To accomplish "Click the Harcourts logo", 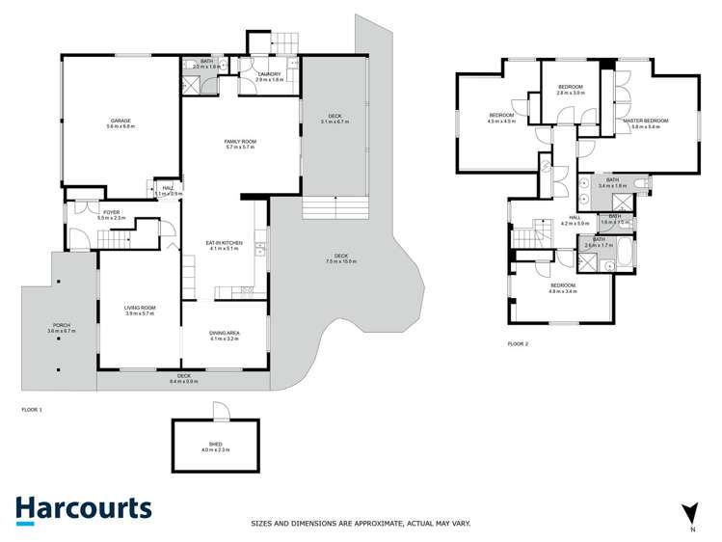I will [83, 510].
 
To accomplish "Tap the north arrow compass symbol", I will [688, 513].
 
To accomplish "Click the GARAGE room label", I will [120, 122].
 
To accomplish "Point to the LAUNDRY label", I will [270, 76].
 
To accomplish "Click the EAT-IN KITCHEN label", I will [223, 245].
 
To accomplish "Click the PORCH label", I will [61, 328].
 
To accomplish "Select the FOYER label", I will [112, 215].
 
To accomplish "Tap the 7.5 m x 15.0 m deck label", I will [341, 258].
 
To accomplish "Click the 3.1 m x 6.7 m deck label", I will [334, 120].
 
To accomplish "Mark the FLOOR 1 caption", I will [32, 410].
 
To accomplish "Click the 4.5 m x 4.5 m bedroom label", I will [501, 119].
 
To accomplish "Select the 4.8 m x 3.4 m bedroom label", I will [562, 287].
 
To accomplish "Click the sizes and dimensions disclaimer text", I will [361, 523].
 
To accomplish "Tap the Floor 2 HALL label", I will [575, 221].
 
